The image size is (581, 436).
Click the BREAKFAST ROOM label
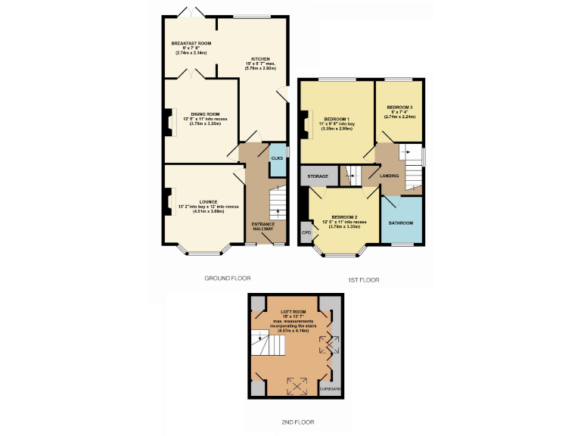tap(191, 44)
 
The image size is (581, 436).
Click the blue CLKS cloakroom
tap(277, 158)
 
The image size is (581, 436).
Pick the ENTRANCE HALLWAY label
tap(263, 226)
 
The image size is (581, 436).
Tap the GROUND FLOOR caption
tap(227, 279)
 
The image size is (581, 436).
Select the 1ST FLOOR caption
tap(363, 280)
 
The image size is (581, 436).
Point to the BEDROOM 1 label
tap(337, 120)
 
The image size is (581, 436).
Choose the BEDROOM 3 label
tap(399, 107)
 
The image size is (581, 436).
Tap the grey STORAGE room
tap(318, 176)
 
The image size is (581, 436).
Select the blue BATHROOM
tap(401, 223)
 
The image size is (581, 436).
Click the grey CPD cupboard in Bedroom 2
tap(306, 232)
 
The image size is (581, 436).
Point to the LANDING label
tap(389, 176)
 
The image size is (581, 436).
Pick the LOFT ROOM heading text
tap(293, 312)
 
